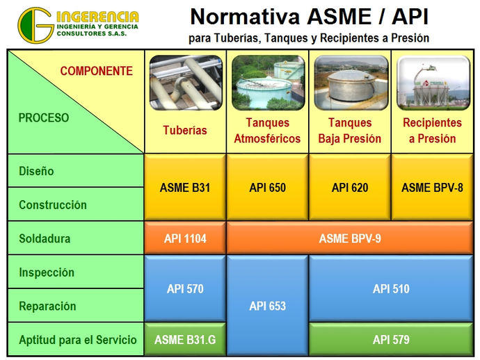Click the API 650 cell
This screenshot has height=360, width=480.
(x=268, y=187)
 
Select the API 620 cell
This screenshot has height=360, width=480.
(x=350, y=187)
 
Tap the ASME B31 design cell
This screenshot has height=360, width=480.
(x=185, y=187)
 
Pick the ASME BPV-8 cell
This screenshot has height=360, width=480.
(x=432, y=187)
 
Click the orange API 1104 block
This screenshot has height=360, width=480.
(x=185, y=238)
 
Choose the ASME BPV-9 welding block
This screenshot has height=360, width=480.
(x=350, y=238)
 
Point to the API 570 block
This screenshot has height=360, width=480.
(x=185, y=288)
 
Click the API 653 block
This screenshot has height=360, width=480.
(x=268, y=305)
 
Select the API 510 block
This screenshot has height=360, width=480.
(x=391, y=288)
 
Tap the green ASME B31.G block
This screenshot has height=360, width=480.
(x=185, y=339)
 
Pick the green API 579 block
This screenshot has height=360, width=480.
(x=391, y=339)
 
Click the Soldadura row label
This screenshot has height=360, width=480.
(x=45, y=238)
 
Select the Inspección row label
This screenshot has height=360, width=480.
(x=47, y=272)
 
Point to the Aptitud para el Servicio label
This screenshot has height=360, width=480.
(x=78, y=340)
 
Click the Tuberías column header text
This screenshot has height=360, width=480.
(x=185, y=130)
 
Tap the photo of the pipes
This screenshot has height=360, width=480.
(x=186, y=83)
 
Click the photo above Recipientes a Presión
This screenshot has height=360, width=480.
(x=433, y=83)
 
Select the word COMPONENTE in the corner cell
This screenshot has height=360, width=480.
(x=97, y=71)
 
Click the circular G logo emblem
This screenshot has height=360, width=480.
(x=35, y=25)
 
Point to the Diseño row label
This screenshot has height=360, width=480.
(x=36, y=171)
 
